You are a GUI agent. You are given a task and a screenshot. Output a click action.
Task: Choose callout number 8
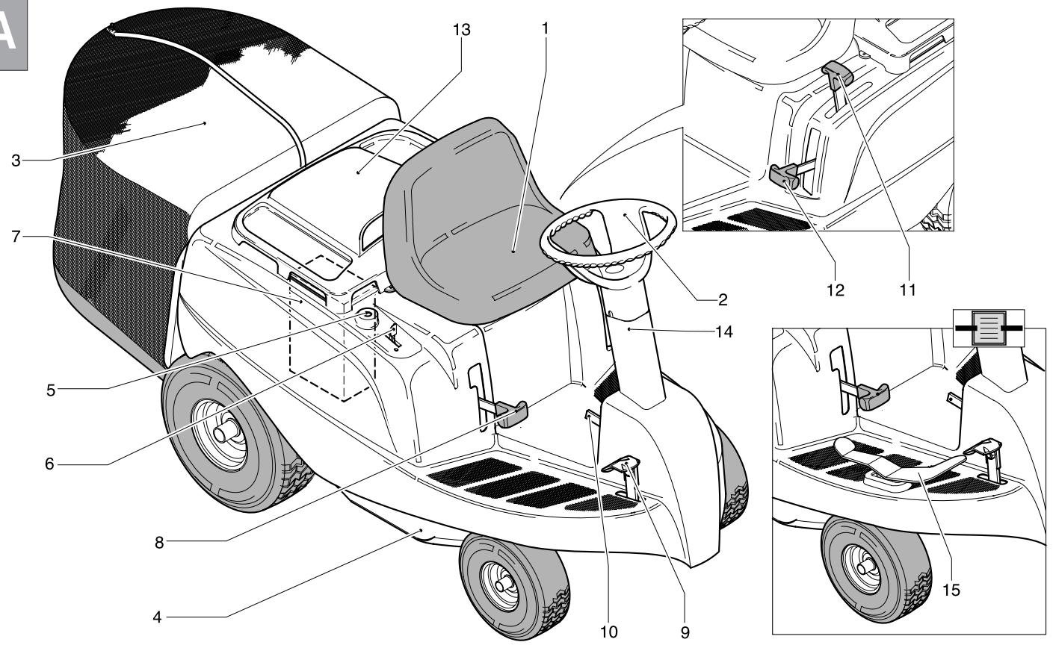(x=158, y=543)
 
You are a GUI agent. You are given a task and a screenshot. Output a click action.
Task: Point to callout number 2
(x=723, y=299)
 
